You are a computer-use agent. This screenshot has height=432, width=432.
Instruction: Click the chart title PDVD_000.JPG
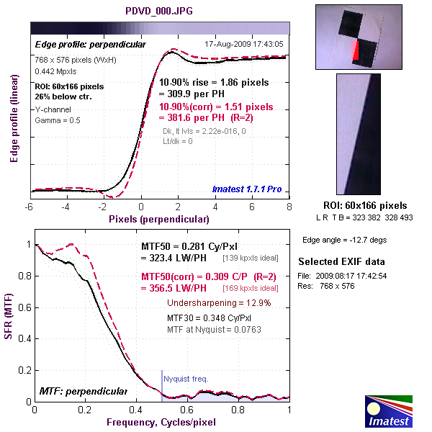coord(160,12)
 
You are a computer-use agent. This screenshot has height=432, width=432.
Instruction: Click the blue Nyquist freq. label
coord(186,377)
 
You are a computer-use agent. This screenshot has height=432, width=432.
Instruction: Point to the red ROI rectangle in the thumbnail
coord(355,51)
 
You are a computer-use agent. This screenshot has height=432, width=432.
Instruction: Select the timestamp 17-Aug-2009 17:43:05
coord(245,44)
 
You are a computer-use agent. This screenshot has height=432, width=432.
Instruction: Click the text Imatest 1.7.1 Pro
coord(247,189)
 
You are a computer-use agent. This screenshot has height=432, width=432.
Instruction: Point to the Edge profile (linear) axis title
coord(13,114)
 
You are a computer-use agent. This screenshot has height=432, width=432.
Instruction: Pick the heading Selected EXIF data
coord(341,261)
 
